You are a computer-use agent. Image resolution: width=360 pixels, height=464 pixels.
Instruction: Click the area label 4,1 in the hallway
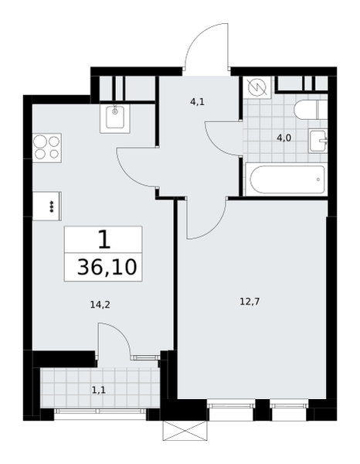point(198,102)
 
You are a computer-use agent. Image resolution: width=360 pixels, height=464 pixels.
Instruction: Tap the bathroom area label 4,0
point(284,138)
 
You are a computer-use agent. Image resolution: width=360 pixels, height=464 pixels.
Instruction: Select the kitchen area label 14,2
point(100,304)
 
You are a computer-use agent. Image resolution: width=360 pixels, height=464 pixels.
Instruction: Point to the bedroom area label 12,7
point(250,302)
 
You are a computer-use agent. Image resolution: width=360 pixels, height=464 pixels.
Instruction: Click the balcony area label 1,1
point(99,391)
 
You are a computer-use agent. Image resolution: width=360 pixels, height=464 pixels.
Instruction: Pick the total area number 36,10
point(107,268)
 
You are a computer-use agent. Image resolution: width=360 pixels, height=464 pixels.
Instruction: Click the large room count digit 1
point(104,240)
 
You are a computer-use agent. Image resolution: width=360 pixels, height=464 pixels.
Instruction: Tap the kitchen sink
point(115,118)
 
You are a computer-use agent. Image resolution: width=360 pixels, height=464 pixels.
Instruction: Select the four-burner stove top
point(47,148)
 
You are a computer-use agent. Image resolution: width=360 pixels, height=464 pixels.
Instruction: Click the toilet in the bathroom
point(311,110)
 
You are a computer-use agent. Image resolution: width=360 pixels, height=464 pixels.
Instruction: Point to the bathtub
point(287,179)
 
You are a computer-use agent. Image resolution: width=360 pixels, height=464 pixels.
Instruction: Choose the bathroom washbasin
point(318,141)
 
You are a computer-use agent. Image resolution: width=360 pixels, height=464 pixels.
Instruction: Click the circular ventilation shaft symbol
point(257,87)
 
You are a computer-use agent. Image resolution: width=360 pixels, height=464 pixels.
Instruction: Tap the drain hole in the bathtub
point(318,179)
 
